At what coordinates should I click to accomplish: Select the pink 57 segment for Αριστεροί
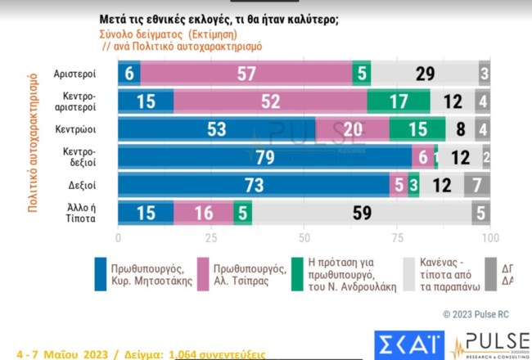(x=246, y=74)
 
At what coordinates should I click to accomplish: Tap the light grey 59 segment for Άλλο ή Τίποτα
(x=362, y=213)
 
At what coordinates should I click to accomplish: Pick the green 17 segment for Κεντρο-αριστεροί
(x=399, y=101)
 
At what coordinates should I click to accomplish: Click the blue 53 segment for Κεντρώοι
(x=217, y=129)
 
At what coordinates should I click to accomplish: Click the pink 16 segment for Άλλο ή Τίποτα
(x=204, y=213)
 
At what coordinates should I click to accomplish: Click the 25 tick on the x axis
(x=211, y=238)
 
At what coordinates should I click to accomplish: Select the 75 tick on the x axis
(x=397, y=238)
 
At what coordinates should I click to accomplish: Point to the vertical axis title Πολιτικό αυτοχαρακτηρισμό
(x=34, y=143)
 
